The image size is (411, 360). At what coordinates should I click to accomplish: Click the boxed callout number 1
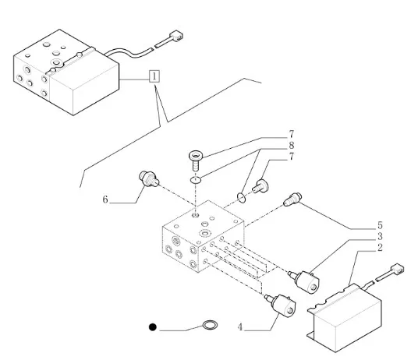[154, 76]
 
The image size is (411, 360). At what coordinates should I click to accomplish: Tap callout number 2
[380, 248]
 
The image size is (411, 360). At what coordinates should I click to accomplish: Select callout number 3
[380, 236]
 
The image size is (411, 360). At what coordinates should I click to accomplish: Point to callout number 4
[240, 327]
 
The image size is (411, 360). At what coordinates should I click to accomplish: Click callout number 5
[380, 225]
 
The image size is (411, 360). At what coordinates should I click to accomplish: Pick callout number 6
[105, 199]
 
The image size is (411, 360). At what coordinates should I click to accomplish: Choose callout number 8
[291, 145]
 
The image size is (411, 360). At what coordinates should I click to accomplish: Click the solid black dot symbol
[153, 327]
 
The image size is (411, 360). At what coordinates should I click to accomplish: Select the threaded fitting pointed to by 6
[149, 178]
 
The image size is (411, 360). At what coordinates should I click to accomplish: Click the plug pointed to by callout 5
[292, 199]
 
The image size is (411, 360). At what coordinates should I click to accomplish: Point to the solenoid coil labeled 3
[305, 282]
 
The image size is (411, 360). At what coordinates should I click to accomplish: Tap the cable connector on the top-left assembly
[176, 36]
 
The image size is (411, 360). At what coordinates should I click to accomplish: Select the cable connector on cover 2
[397, 269]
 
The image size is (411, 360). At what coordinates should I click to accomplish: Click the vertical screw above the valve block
[196, 160]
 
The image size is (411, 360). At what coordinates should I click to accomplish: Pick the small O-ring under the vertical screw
[196, 180]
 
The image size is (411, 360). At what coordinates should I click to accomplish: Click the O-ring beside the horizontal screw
[241, 198]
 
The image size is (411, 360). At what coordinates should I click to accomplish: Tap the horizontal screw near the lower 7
[260, 186]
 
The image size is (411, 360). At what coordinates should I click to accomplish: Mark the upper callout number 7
[291, 134]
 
